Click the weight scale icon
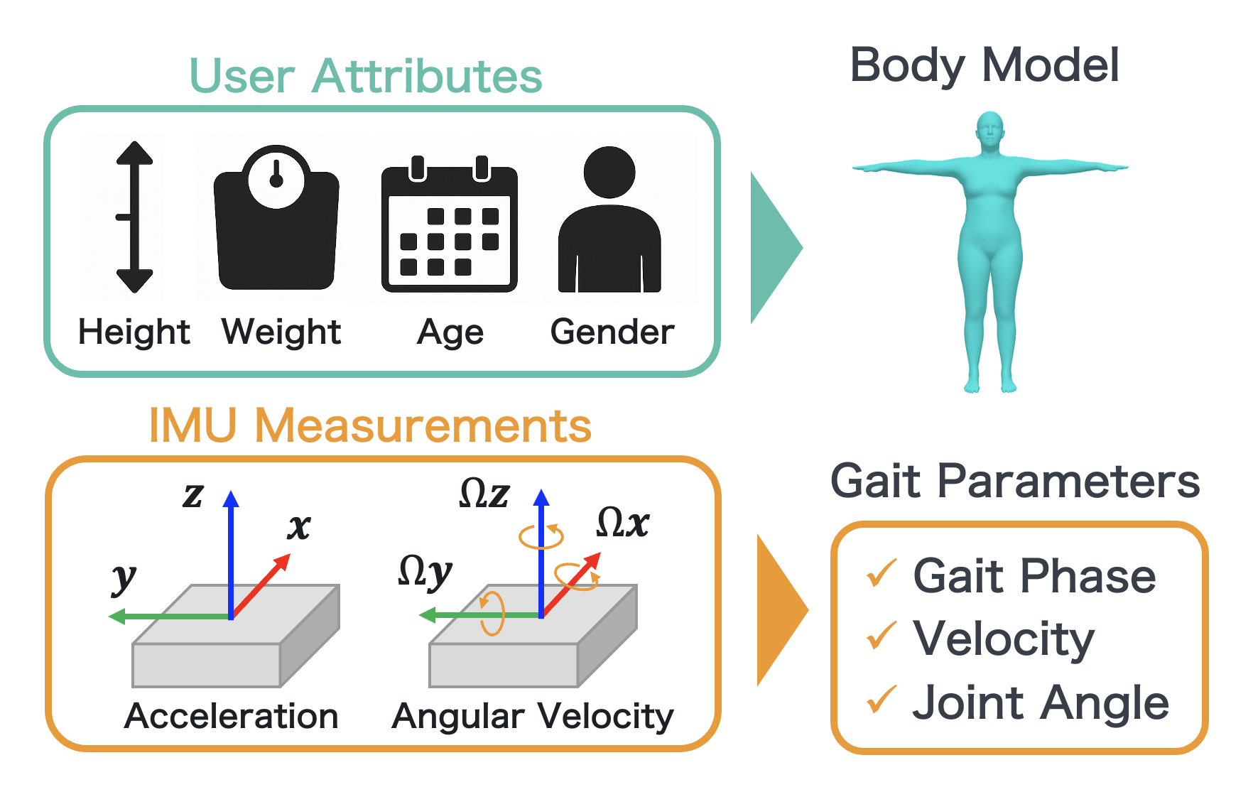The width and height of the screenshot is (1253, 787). (x=276, y=220)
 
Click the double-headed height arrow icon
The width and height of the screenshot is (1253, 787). (x=134, y=217)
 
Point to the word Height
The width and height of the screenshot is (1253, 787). (x=134, y=332)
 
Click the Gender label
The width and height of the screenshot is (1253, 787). (x=612, y=332)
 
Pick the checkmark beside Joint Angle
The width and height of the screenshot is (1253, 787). (x=881, y=700)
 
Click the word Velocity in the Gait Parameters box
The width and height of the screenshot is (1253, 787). (x=1003, y=639)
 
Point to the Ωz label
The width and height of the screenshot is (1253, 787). (x=484, y=493)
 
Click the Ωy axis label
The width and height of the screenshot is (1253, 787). (x=425, y=572)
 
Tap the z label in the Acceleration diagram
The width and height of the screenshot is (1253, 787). (x=193, y=494)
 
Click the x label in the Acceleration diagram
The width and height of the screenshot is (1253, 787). (x=299, y=527)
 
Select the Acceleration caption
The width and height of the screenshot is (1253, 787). (x=231, y=716)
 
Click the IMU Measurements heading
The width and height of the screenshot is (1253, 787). (x=369, y=426)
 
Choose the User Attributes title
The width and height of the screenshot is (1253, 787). (x=365, y=76)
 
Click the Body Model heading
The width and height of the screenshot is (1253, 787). (x=984, y=65)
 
